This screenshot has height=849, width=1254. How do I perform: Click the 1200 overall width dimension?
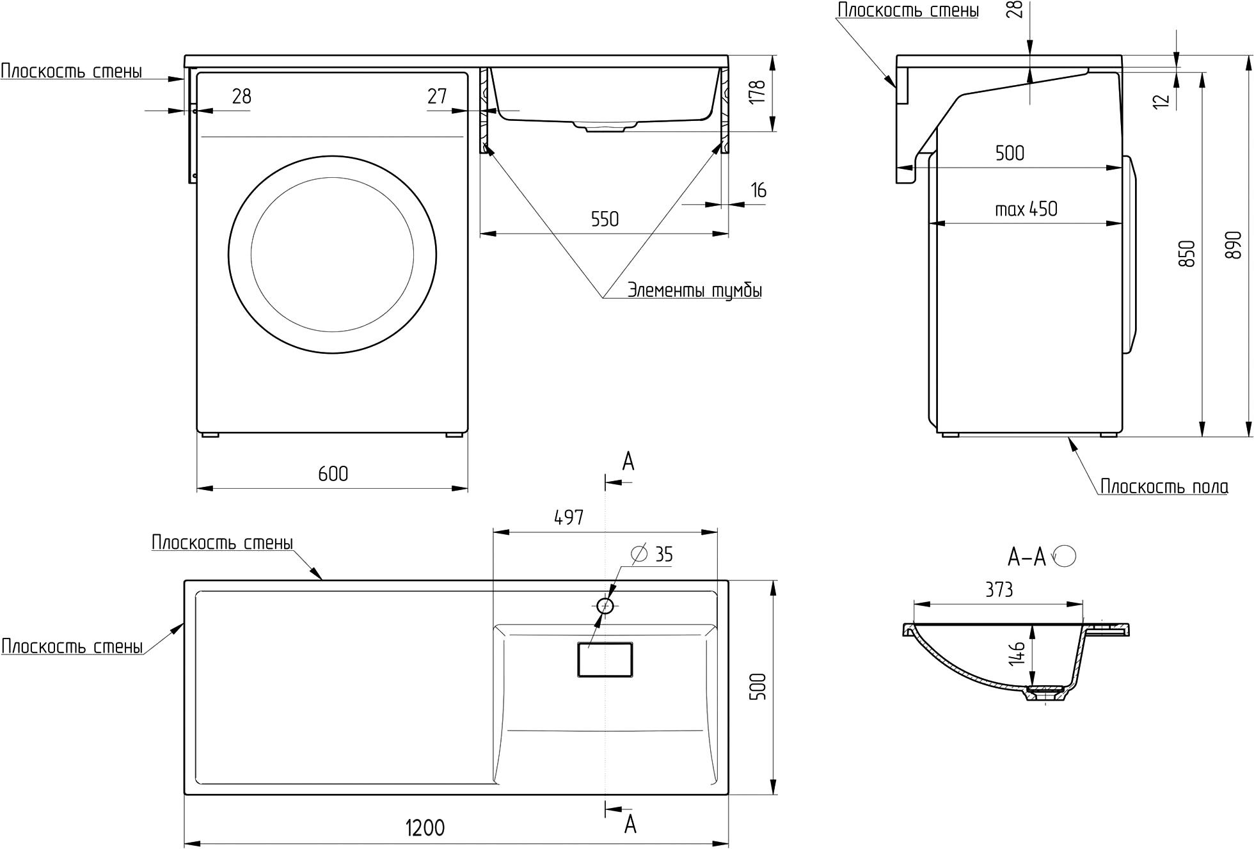tap(425, 827)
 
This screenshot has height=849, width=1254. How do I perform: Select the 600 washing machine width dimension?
tap(333, 473)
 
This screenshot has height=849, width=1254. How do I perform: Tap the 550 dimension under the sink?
tap(605, 219)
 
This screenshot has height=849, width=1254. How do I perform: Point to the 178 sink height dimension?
tap(757, 92)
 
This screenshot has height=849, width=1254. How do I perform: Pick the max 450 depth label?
tap(1026, 209)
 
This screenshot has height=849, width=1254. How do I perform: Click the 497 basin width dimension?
tap(569, 517)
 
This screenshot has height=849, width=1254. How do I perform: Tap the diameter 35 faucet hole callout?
tap(653, 554)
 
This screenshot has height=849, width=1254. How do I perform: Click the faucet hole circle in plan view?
tap(605, 605)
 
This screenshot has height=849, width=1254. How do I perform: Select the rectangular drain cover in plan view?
tap(605, 660)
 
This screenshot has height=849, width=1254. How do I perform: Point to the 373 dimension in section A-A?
tap(999, 589)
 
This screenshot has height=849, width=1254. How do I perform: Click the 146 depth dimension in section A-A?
tap(1017, 653)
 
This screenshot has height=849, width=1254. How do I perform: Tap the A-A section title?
tap(1027, 557)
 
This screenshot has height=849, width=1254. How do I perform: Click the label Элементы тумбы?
tap(694, 290)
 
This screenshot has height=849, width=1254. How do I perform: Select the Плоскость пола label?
tap(1164, 487)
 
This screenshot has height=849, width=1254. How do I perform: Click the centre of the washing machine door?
tap(332, 255)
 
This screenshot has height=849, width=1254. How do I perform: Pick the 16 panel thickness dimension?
tap(759, 191)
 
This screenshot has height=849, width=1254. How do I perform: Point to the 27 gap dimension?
tap(437, 97)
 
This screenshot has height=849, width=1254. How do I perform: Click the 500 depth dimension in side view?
tap(1010, 153)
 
